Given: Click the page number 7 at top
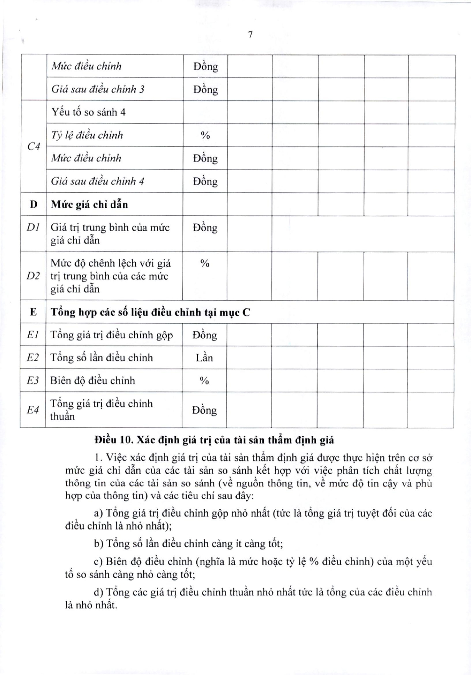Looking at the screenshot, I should click(250, 35).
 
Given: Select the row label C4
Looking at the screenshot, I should click(34, 146).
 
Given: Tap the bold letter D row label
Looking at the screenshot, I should click(34, 204).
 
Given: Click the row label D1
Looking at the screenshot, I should click(33, 227).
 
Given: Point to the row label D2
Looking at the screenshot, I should click(33, 276).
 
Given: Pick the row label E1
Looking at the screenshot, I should click(33, 335).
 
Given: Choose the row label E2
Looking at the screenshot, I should click(33, 357).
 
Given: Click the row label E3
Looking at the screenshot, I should click(33, 381).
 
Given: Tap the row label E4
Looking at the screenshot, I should click(33, 410).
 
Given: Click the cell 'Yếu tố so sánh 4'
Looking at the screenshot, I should click(89, 112).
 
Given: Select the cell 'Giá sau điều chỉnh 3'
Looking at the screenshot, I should click(98, 89).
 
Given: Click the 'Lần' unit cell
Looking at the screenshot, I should click(204, 358).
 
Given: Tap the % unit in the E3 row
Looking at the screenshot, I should click(204, 381).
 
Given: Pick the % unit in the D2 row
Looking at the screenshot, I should click(205, 263).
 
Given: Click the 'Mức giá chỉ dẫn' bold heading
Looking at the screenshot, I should click(90, 204).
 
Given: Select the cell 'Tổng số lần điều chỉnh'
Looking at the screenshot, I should click(102, 358).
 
